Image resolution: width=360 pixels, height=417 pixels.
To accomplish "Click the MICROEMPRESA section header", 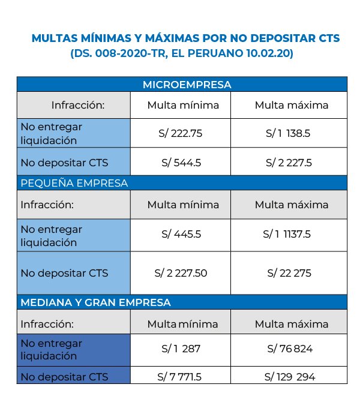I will (187, 85).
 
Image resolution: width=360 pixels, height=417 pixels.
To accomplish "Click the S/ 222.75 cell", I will (182, 134).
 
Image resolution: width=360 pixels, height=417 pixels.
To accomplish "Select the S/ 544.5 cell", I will (182, 163).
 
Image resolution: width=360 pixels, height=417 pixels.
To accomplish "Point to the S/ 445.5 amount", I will (182, 236).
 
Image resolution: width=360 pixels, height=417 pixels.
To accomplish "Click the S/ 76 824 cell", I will (291, 349).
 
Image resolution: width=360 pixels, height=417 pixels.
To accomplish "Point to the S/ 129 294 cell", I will (290, 377).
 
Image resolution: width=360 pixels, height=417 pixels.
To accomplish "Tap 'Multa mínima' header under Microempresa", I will (183, 105).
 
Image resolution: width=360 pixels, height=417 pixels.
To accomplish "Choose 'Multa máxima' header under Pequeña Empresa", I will (292, 205).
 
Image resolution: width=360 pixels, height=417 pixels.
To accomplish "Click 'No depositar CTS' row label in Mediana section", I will (64, 377).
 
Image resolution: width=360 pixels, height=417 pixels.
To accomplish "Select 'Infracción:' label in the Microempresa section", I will (78, 105).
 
